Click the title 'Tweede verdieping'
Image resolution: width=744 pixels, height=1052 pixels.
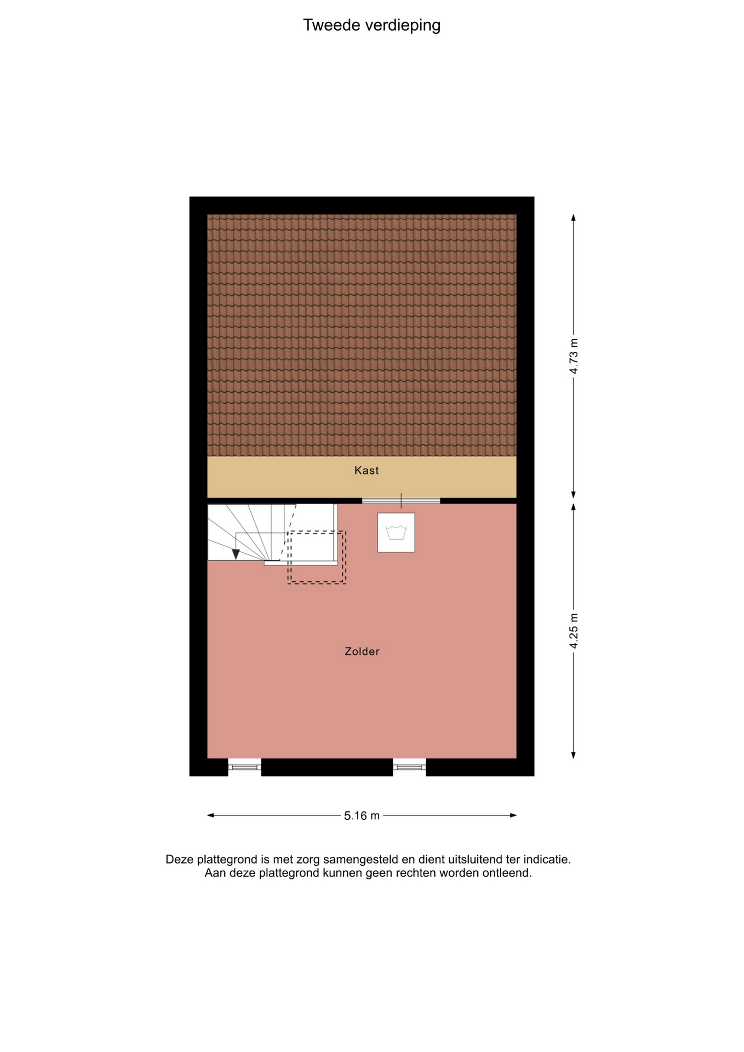coord(371,25)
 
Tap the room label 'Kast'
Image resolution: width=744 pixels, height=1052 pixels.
coord(367,470)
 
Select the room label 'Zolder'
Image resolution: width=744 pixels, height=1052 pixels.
coord(362,651)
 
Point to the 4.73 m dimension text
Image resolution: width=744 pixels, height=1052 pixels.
coord(574,356)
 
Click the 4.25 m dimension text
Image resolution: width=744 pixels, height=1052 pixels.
coord(574,631)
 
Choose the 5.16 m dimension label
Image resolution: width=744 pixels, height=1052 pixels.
coord(362,816)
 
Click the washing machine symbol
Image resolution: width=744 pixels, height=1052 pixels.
coord(396,532)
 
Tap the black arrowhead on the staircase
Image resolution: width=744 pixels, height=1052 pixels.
coord(236,554)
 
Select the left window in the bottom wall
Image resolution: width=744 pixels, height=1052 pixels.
coord(244,767)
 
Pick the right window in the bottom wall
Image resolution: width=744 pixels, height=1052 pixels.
coord(409,767)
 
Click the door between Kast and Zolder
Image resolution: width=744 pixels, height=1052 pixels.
coord(401,501)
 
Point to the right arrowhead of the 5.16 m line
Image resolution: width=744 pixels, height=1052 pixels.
coord(513,815)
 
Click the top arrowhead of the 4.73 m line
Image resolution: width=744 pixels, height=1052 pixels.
coord(574,218)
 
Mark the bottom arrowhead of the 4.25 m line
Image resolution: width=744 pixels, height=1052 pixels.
coord(574,755)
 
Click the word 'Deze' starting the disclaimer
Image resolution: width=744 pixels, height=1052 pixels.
coord(179,860)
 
